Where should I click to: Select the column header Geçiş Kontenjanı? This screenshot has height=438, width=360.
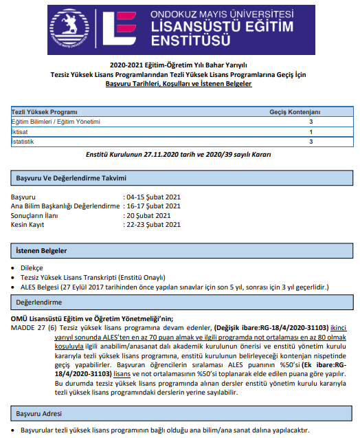(x=295, y=111)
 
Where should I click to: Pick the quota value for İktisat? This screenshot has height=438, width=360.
(x=311, y=131)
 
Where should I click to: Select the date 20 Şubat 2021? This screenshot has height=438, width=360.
(x=147, y=215)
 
